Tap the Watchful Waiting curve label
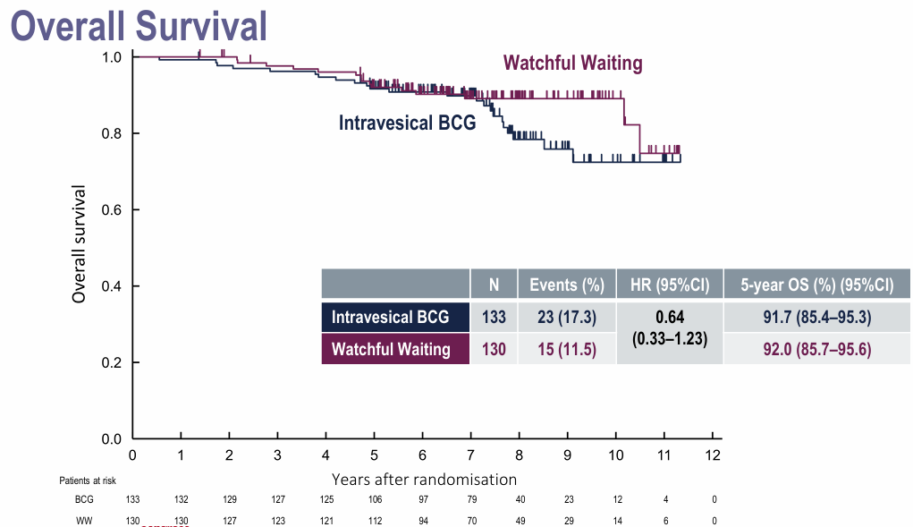[572, 63]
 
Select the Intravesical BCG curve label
[407, 123]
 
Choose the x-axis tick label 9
[567, 455]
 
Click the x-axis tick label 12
[712, 455]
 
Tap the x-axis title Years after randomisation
[424, 480]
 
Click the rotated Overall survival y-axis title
[80, 243]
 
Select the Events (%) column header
[567, 285]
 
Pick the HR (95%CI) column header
[670, 285]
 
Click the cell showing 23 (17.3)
[567, 317]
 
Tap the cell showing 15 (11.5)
[567, 349]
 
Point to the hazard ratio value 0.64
[670, 317]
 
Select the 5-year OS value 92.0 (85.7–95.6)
[817, 349]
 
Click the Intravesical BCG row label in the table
[390, 317]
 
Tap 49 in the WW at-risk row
[519, 520]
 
